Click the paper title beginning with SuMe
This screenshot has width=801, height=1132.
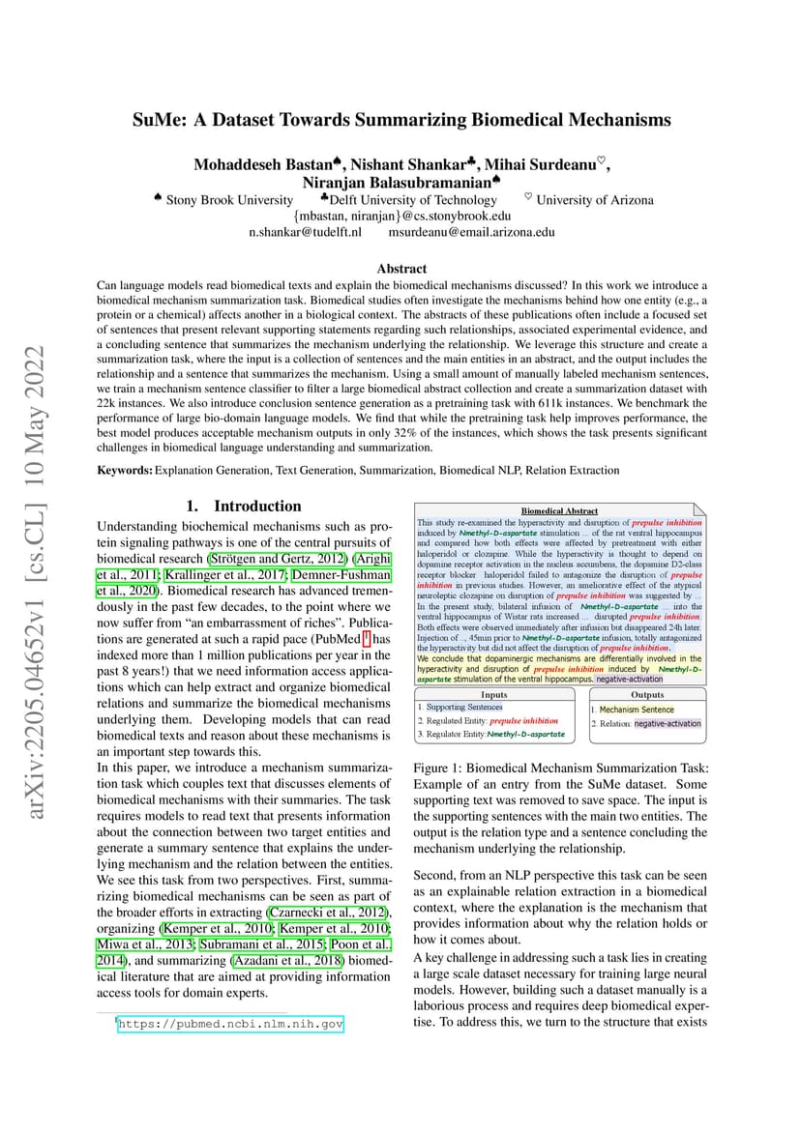(401, 120)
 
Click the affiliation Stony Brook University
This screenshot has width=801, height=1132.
(229, 200)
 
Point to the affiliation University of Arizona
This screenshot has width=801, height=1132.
(594, 200)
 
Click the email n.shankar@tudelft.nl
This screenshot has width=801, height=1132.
(305, 232)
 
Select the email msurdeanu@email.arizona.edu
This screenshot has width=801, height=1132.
(471, 232)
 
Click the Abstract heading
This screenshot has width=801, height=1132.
(401, 269)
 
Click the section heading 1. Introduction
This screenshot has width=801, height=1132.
(244, 506)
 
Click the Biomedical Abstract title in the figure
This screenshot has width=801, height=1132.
(559, 510)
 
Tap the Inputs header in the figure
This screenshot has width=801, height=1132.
(493, 694)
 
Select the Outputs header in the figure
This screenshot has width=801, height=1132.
(647, 694)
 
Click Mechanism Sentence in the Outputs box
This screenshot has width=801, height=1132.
(637, 710)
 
